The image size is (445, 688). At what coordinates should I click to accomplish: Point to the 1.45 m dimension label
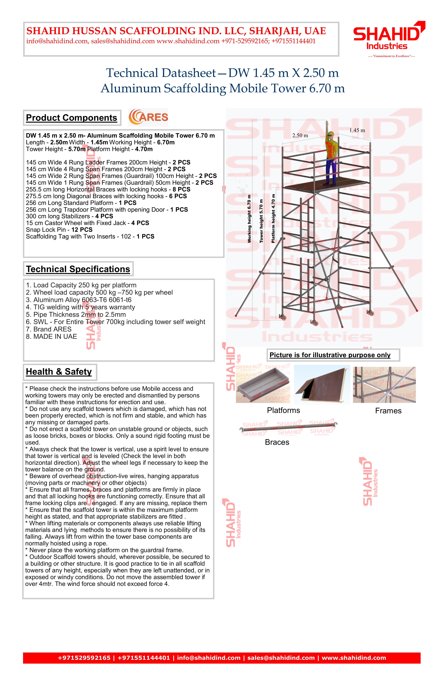pos(357,130)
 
